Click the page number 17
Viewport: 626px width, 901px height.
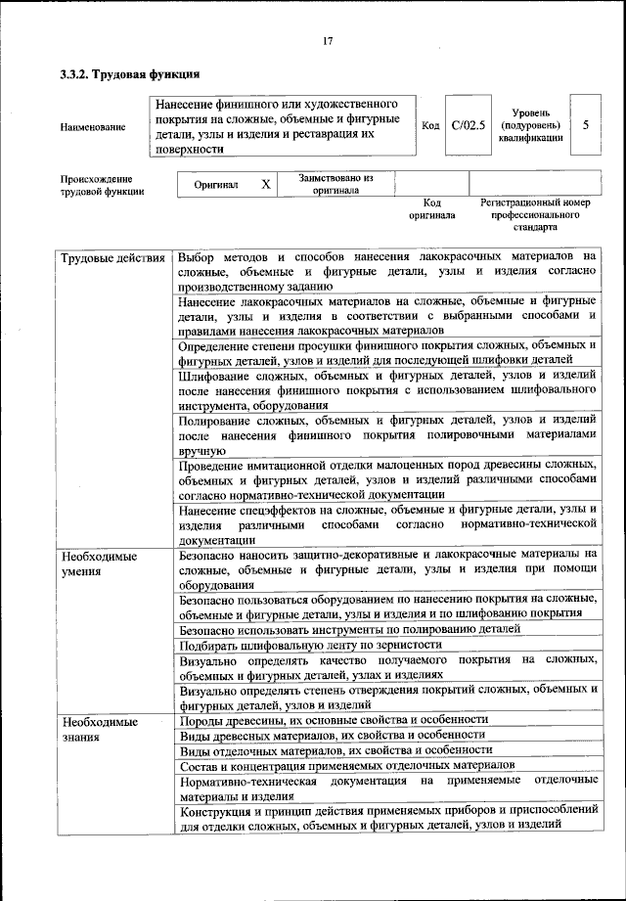pos(327,40)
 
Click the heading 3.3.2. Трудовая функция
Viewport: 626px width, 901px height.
pos(130,73)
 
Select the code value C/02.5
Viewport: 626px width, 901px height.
pos(469,125)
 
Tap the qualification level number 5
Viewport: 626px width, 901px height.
pos(586,125)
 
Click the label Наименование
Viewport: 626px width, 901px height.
pos(93,126)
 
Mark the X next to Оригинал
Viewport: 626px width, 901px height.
pos(265,184)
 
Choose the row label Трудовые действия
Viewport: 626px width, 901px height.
pos(112,259)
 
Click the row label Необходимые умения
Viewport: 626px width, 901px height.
pos(98,563)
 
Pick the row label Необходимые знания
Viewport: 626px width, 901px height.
pos(98,729)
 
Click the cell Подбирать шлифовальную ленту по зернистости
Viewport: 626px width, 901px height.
pos(311,644)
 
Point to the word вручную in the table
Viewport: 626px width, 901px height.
pos(203,451)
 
